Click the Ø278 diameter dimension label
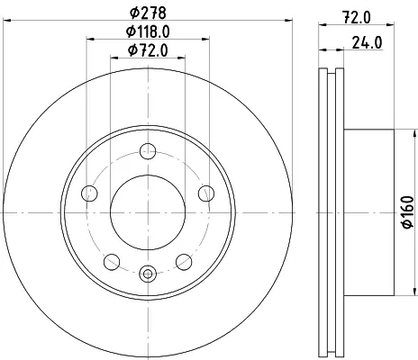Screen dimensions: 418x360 point(148,13)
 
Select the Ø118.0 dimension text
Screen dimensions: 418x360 point(148,31)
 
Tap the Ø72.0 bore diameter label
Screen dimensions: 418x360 point(148,50)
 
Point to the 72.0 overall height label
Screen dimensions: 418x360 point(357,17)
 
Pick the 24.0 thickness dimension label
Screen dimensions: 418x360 point(367,42)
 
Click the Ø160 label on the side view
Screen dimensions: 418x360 point(408,212)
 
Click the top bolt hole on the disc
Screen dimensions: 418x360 point(148,151)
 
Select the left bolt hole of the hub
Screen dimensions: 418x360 point(89,193)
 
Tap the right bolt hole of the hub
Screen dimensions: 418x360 point(206,193)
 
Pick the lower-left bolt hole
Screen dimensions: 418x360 point(112,262)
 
